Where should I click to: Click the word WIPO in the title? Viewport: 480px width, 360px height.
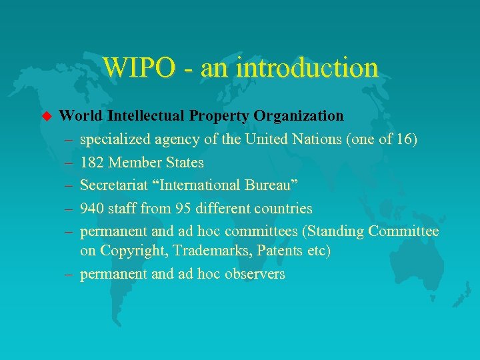139,67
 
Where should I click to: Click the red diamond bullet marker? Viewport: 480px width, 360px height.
46,116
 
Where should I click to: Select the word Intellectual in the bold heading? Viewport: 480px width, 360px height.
146,116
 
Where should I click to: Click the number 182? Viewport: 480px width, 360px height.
93,163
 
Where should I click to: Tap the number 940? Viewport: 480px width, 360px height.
93,209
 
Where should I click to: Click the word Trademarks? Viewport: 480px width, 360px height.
212,251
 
